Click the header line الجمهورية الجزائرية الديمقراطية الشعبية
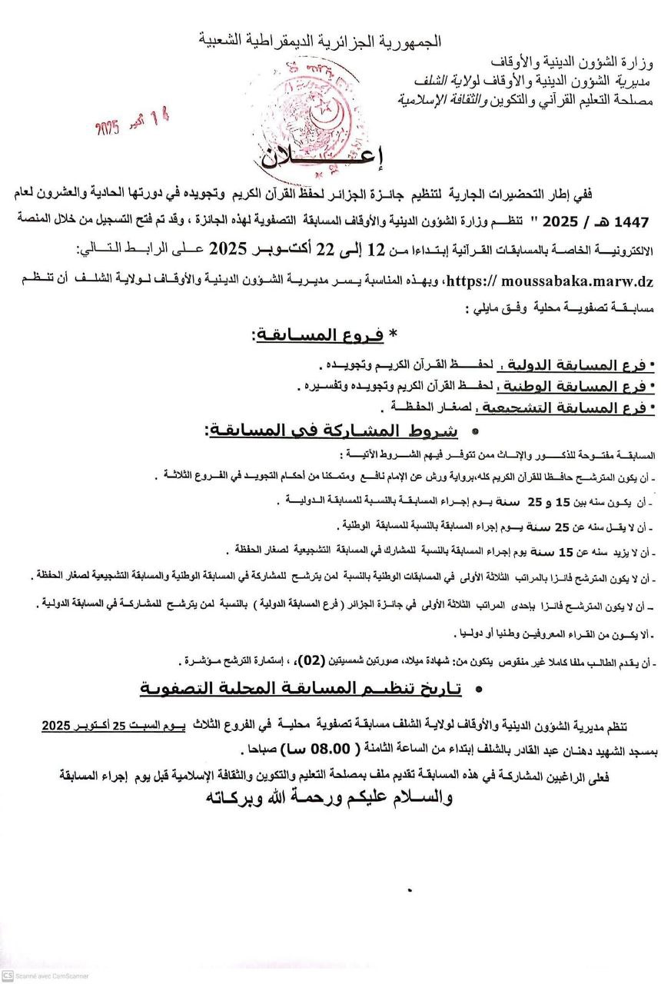pos(321,40)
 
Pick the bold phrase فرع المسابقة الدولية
pos(573,364)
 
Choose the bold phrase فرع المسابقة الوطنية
pos(573,386)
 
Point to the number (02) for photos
pos(334,660)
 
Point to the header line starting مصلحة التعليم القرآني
pos(527,99)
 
